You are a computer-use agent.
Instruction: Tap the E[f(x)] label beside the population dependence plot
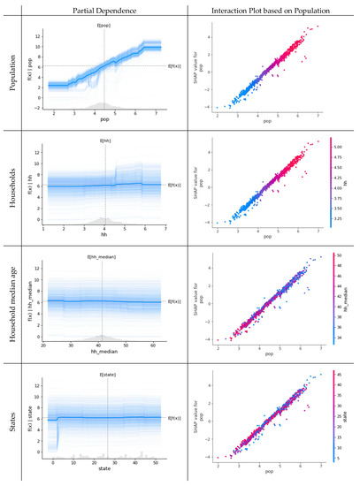click(176, 65)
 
